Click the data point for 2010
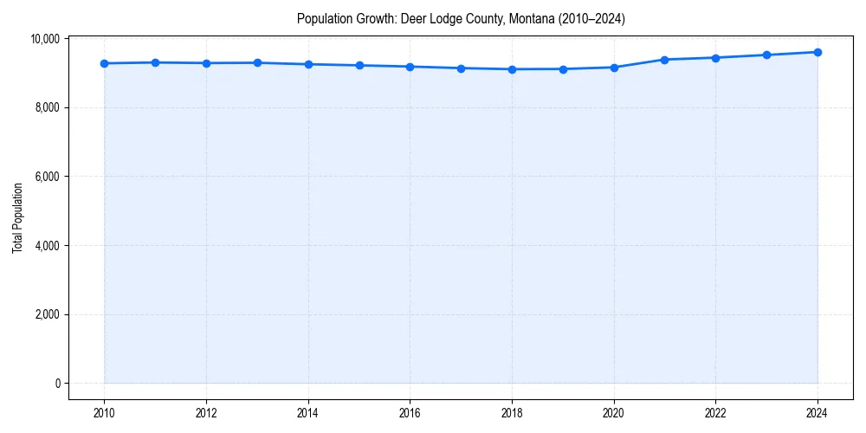104,63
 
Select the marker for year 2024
818,52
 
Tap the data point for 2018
512,69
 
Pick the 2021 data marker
664,60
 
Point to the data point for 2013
257,62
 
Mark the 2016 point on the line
410,67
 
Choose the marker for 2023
766,55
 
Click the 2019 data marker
563,69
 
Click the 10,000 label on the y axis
44,39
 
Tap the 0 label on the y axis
56,384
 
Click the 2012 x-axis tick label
206,413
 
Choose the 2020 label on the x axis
614,413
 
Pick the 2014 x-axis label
308,413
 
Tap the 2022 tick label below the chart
715,413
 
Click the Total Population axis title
17,217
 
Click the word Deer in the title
411,18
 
